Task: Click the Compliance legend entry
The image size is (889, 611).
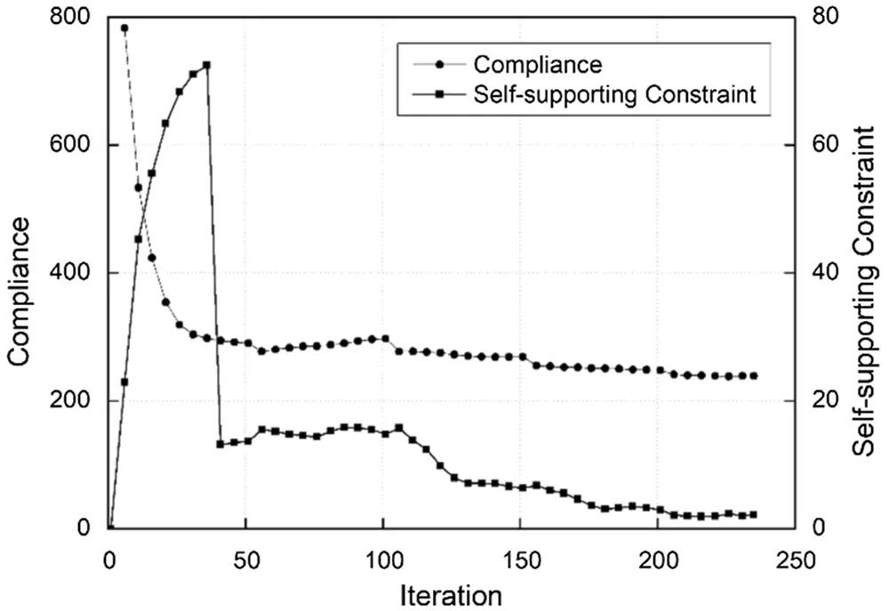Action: pyautogui.click(x=538, y=64)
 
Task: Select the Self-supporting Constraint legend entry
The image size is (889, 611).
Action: pyautogui.click(x=614, y=94)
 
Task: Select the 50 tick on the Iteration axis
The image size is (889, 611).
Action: pyautogui.click(x=245, y=561)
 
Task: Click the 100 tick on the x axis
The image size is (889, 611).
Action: pyautogui.click(x=382, y=561)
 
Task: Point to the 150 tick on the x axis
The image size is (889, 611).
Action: pyautogui.click(x=519, y=561)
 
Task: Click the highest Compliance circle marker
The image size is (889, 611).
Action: pyautogui.click(x=124, y=28)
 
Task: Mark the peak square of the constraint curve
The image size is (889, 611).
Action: pyautogui.click(x=206, y=65)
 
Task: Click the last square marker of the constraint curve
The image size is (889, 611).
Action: pyautogui.click(x=753, y=514)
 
